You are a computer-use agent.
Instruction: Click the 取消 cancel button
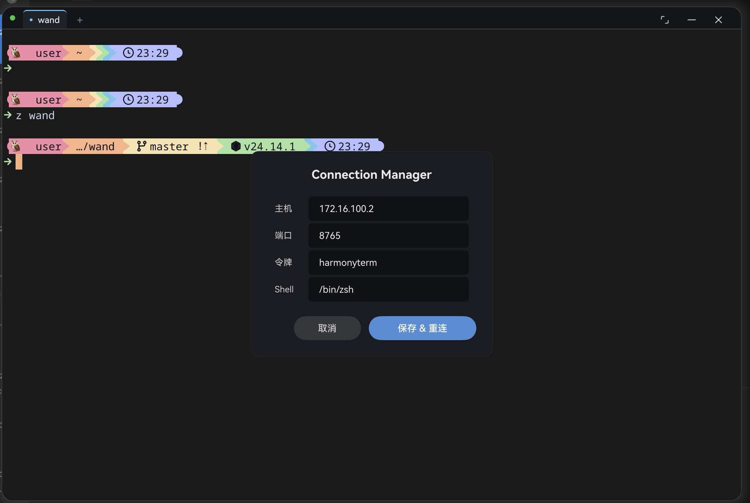click(327, 328)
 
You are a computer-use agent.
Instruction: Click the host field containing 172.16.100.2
click(388, 209)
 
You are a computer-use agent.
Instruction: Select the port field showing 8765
click(388, 236)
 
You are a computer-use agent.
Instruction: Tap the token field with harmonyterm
click(388, 263)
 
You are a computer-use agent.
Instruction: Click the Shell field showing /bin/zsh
click(388, 290)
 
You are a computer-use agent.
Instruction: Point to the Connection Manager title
click(371, 175)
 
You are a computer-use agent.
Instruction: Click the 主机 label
click(283, 209)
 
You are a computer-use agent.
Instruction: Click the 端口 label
click(283, 235)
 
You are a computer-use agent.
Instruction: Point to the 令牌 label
click(283, 262)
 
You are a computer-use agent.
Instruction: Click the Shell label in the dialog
click(284, 289)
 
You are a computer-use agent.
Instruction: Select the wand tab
click(45, 20)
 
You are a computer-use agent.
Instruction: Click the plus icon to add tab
click(80, 20)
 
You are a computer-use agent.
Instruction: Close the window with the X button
click(718, 20)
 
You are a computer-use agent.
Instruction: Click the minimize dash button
click(692, 20)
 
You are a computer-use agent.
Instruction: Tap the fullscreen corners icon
click(665, 20)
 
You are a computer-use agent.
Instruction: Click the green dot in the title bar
click(13, 18)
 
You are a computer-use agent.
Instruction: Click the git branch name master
click(169, 147)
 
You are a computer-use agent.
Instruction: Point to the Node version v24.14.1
click(269, 147)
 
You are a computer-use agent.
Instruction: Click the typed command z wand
click(35, 116)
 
